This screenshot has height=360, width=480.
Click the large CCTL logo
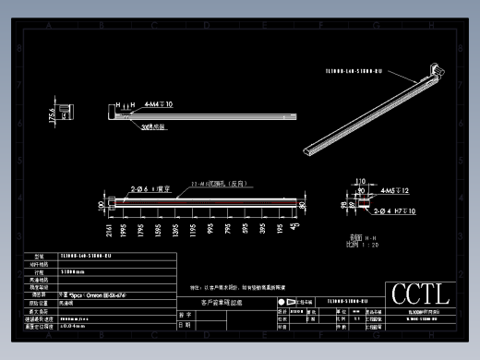420,294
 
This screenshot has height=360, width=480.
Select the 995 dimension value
211,228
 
